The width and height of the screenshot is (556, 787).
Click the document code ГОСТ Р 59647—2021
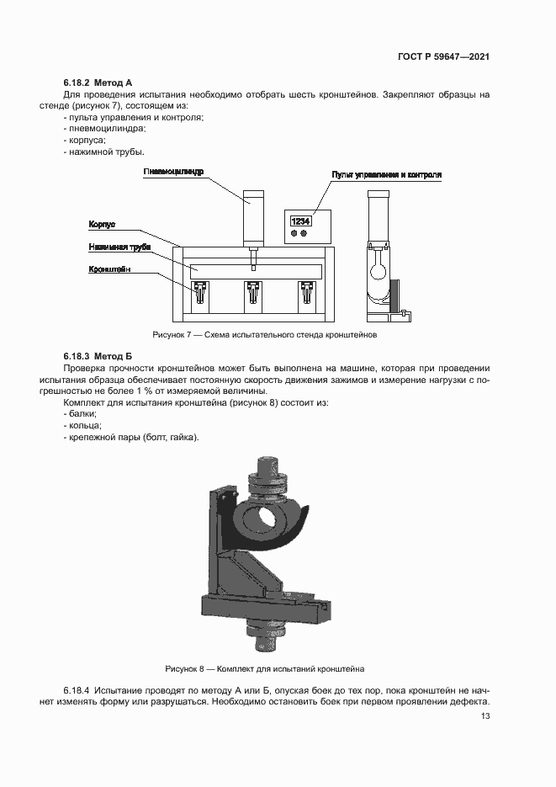point(443,57)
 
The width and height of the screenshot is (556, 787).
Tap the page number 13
point(485,716)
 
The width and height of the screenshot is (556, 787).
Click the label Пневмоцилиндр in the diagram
point(173,172)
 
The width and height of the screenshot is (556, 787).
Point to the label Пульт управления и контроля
point(386,175)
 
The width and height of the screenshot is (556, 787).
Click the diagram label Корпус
point(102,225)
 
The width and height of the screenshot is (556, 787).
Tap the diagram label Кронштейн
point(110,269)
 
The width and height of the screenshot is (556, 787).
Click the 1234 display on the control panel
point(300,221)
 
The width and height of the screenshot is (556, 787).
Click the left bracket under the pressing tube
point(200,294)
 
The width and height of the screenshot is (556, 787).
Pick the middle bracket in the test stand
point(252,294)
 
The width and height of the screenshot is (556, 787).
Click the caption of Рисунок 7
point(264,335)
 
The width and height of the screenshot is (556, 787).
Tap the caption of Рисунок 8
point(264,669)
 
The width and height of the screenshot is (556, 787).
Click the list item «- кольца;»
point(81,425)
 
